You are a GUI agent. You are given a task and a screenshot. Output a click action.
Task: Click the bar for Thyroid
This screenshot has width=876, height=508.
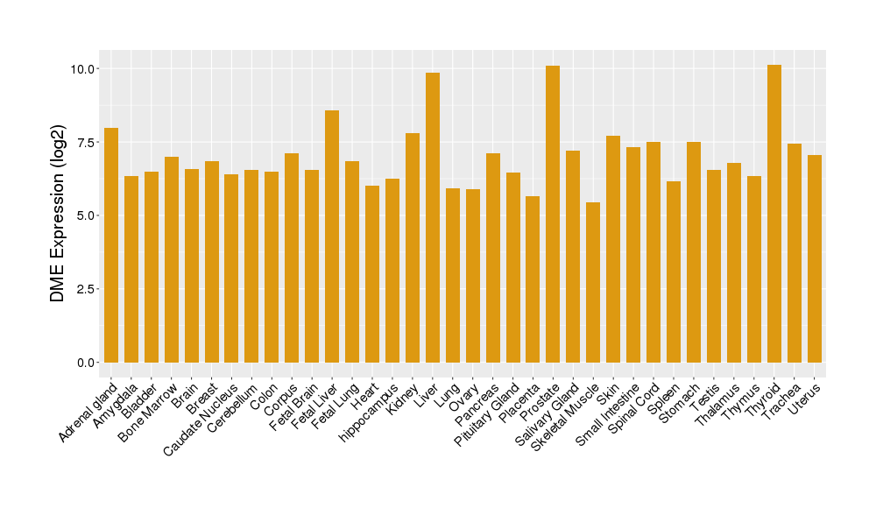[774, 214]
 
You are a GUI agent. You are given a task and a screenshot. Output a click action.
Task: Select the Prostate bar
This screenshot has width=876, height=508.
[553, 214]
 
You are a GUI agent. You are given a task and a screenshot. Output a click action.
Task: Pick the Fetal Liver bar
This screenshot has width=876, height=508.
[332, 236]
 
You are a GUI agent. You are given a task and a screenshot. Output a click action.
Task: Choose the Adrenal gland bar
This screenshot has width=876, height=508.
[111, 245]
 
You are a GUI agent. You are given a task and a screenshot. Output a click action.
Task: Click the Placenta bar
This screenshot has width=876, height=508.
[533, 279]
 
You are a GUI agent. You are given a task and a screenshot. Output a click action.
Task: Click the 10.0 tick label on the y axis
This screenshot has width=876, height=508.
[86, 68]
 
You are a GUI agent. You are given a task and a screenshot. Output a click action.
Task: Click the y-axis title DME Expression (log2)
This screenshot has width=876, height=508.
[58, 215]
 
